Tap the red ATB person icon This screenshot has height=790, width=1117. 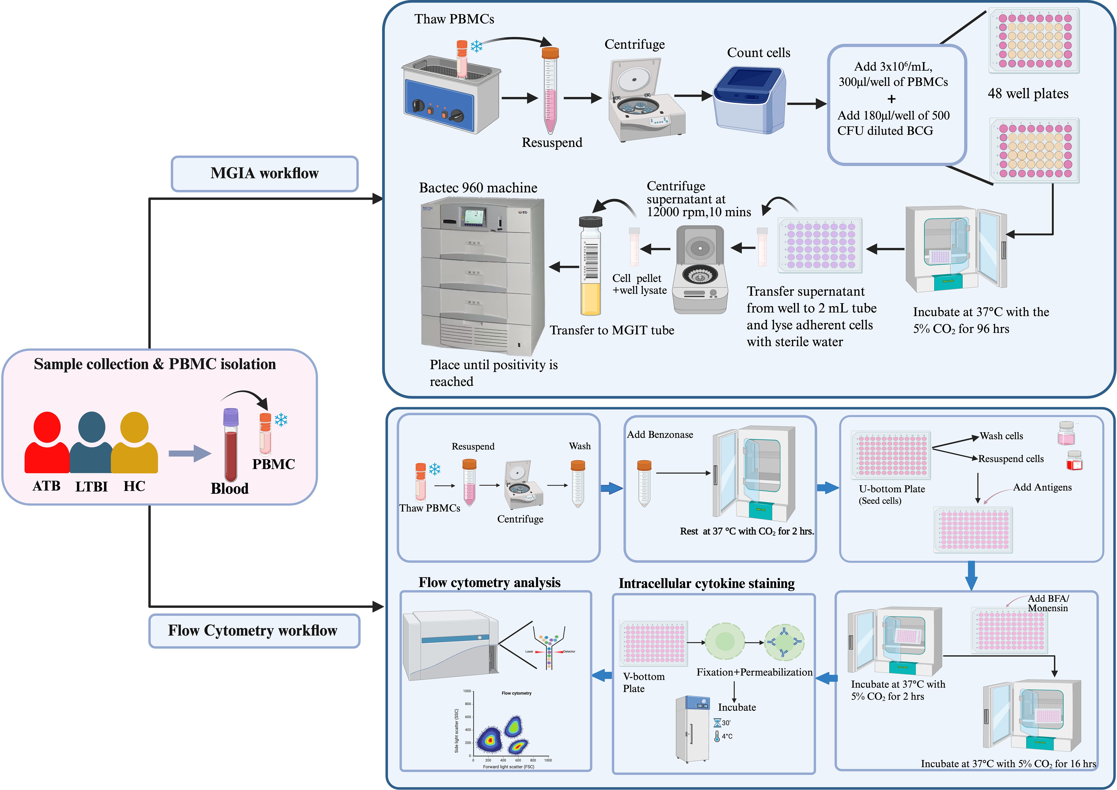[47, 443]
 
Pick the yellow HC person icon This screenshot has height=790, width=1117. [134, 443]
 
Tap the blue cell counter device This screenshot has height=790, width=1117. [749, 100]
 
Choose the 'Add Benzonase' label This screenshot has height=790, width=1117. [660, 435]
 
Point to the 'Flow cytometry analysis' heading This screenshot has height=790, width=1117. [489, 583]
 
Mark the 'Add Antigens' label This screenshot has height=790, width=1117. [1042, 487]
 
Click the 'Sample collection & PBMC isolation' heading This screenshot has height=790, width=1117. [155, 364]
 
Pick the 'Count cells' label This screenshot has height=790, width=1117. [758, 53]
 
